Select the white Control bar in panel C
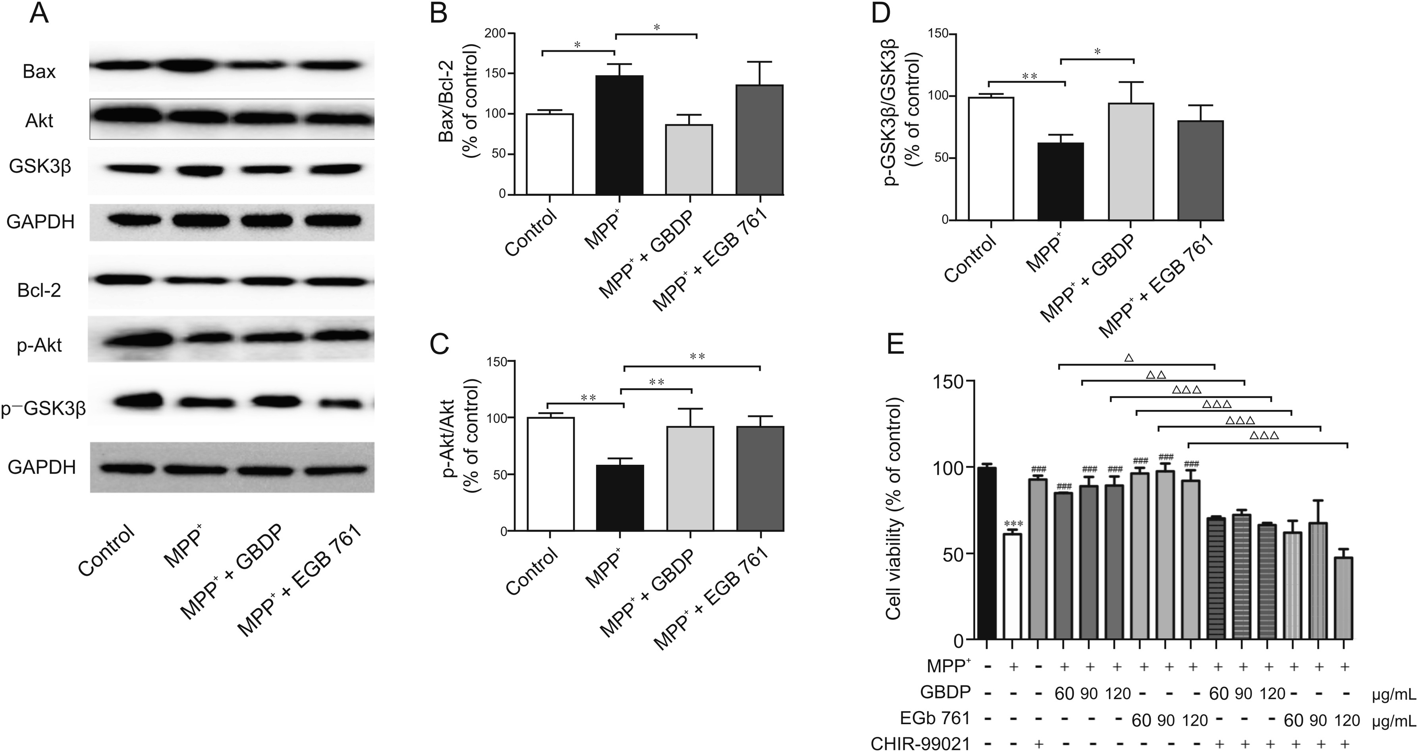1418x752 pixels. [x=550, y=474]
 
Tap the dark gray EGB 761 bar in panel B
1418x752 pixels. [x=760, y=139]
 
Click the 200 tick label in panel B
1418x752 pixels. [x=496, y=34]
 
